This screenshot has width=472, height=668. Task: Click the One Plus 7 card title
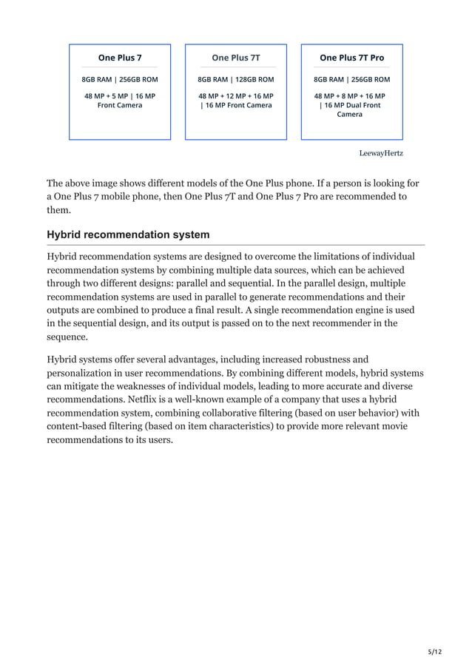coord(120,58)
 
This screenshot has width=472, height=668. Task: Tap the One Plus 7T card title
coord(236,58)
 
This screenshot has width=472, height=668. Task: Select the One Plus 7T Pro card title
coord(351,58)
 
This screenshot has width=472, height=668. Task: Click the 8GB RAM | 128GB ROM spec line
coord(236,80)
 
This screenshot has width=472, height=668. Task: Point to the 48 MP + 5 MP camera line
coord(120,96)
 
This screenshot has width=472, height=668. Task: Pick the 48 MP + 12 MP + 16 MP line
coord(236,96)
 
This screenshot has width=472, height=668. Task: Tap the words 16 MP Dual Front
coord(353,105)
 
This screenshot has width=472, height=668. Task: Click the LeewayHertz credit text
coord(381,153)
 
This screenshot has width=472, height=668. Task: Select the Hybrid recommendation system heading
coord(128,235)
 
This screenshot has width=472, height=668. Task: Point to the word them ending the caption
coord(59,209)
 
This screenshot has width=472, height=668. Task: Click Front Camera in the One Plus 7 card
coord(120,105)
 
